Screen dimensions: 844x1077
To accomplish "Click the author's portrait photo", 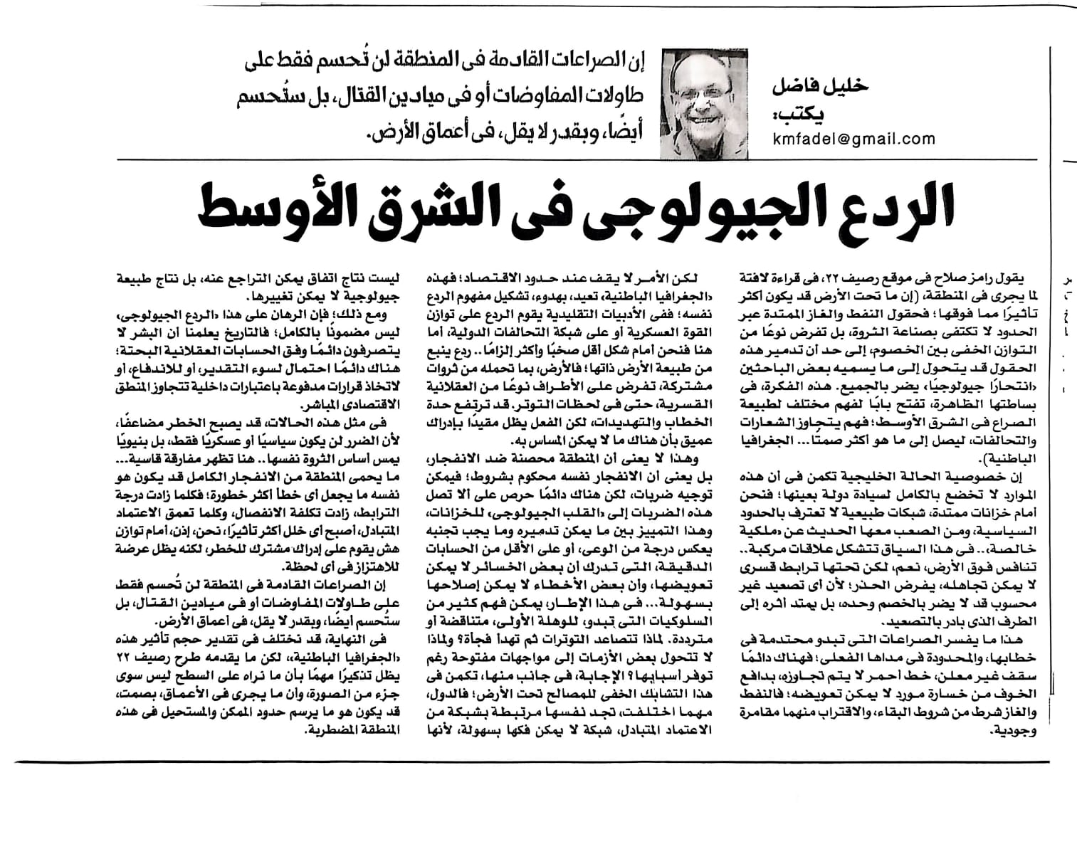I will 705,103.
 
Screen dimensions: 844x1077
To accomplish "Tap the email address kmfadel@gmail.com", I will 854,139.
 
